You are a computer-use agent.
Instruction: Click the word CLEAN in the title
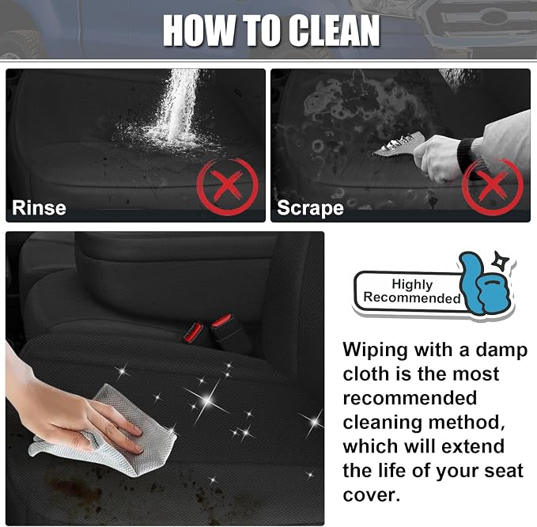[x=334, y=30]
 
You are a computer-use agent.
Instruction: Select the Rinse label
[x=39, y=207]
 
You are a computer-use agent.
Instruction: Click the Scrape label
[x=310, y=208]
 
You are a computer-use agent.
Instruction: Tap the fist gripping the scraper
[x=437, y=157]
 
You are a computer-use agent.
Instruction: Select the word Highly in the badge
[x=412, y=284]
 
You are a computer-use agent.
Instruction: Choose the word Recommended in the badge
[x=412, y=298]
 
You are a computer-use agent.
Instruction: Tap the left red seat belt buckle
[x=193, y=332]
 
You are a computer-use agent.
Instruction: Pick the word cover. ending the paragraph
[x=371, y=495]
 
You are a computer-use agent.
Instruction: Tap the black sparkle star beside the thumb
[x=500, y=261]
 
